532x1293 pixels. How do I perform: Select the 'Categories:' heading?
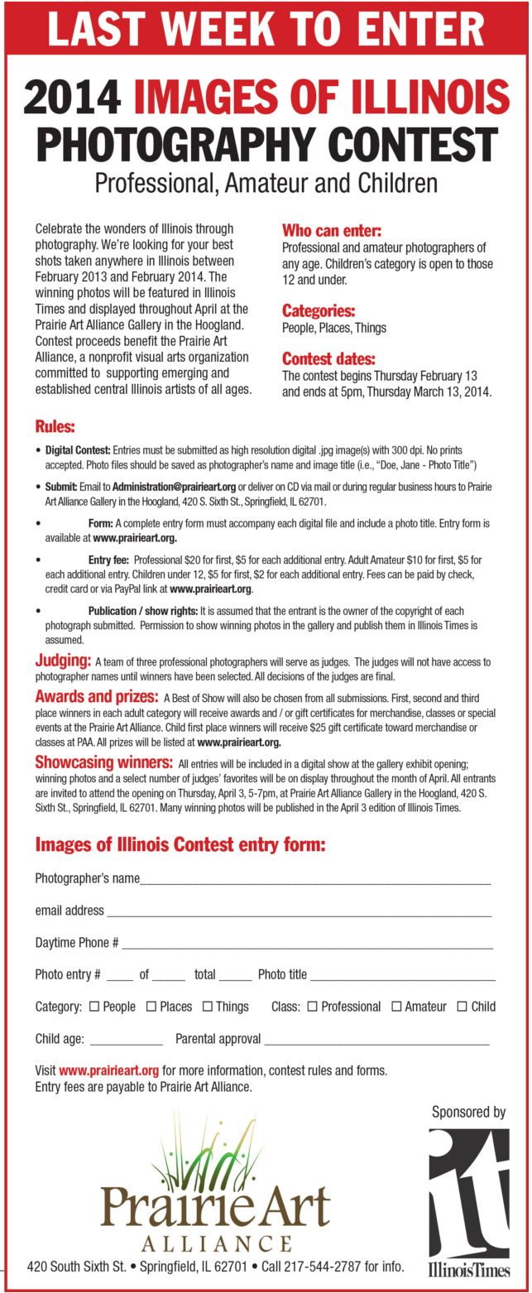click(319, 311)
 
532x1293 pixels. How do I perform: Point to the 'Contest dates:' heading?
click(328, 359)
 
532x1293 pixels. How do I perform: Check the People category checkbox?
click(93, 1007)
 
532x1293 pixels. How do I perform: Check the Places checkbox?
click(151, 1007)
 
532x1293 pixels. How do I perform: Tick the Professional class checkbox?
click(312, 1007)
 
